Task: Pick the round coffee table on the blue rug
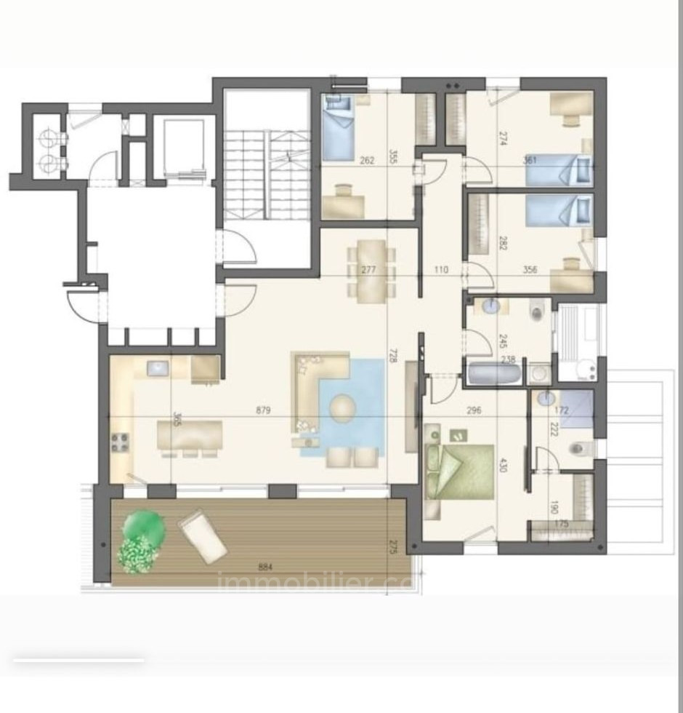pos(343,408)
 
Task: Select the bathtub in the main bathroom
pos(495,375)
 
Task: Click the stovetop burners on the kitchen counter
pos(120,442)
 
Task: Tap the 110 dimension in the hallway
pos(440,270)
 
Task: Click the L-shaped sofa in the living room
pos(313,386)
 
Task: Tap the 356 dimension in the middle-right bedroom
pos(530,270)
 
